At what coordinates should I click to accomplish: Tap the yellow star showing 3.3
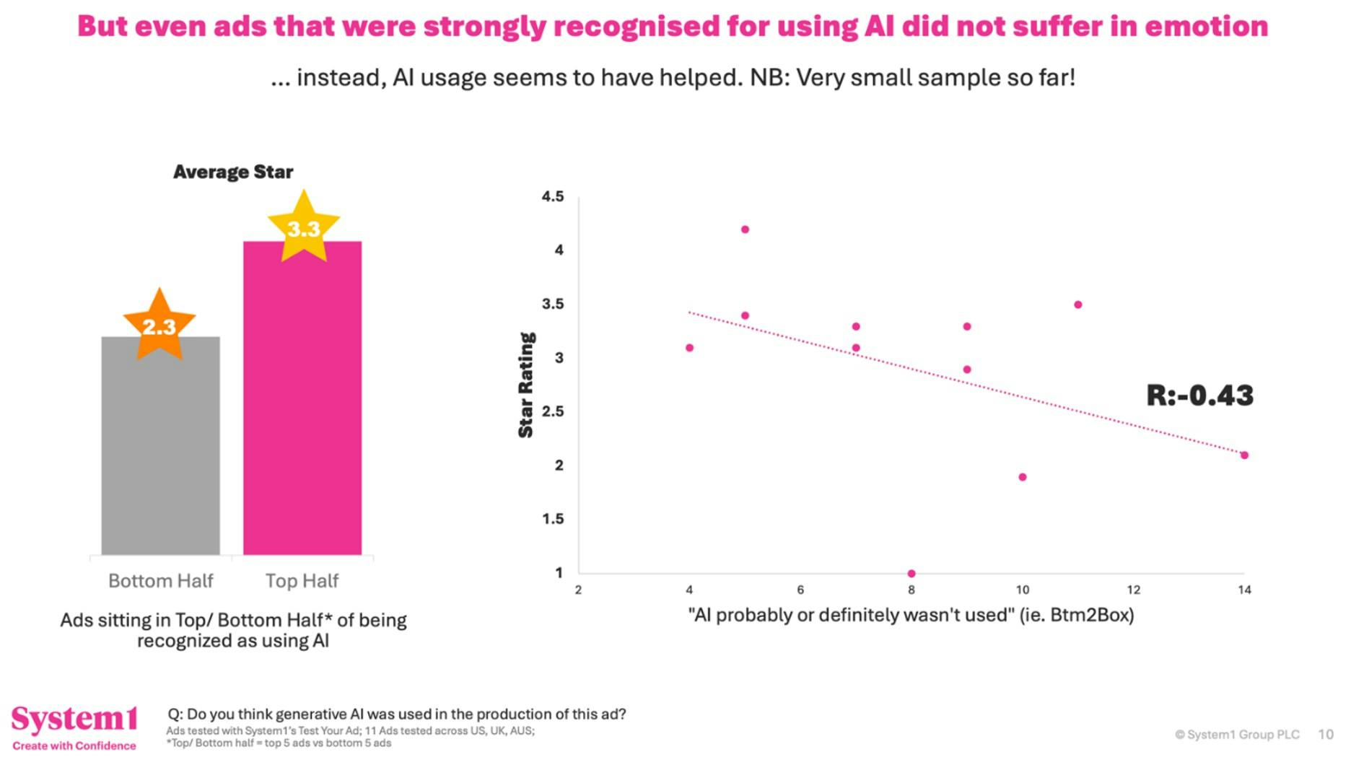[x=304, y=228]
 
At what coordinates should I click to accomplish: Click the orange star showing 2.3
[x=159, y=325]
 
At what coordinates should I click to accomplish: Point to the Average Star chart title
[x=233, y=172]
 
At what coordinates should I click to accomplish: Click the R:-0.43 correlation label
[x=1199, y=395]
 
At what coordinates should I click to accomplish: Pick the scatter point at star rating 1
[x=911, y=574]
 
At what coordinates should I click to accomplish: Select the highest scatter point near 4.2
[x=745, y=229]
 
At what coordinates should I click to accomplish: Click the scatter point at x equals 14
[x=1244, y=455]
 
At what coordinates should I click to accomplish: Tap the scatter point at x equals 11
[x=1078, y=305]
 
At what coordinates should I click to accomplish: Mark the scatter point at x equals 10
[x=1023, y=477]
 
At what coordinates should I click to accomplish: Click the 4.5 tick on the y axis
[x=553, y=196]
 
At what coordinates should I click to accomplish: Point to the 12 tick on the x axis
[x=1134, y=590]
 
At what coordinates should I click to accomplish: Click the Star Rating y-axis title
[x=526, y=385]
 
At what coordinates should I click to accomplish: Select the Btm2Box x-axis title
[x=911, y=615]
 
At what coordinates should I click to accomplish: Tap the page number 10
[x=1326, y=735]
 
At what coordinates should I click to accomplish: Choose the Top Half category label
[x=302, y=581]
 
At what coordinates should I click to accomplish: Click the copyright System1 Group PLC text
[x=1237, y=735]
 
